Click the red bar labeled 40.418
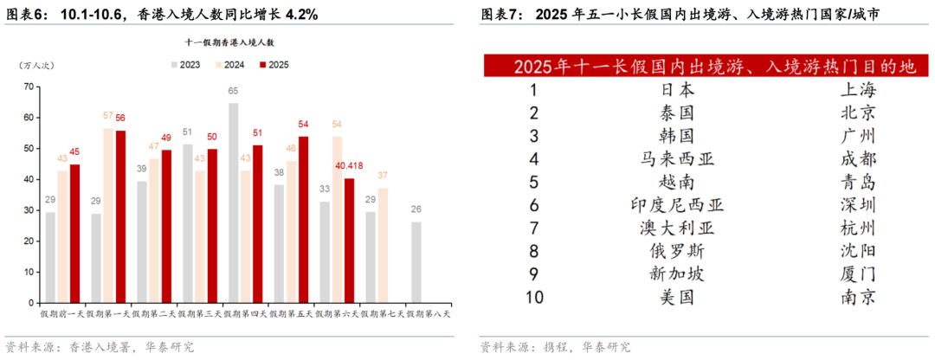(x=349, y=240)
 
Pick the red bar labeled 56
(x=120, y=215)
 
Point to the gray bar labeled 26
(x=416, y=261)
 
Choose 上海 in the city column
(x=857, y=89)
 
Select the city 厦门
(x=857, y=274)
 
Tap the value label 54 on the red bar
(x=304, y=125)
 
